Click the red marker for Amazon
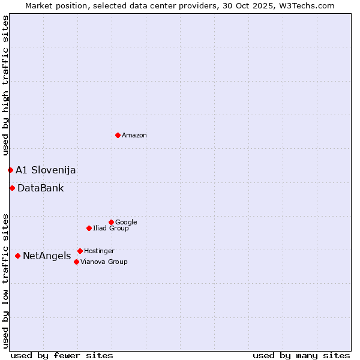[x=118, y=135]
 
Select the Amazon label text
[x=134, y=136]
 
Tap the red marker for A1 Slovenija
[x=10, y=170]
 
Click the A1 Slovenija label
[x=46, y=170]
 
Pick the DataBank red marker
[x=12, y=188]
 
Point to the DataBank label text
[x=40, y=188]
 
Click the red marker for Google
[x=111, y=222]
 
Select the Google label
[x=126, y=223]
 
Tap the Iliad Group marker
[x=89, y=228]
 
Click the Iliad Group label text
[x=111, y=229]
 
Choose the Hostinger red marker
[x=80, y=251]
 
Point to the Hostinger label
[x=99, y=251]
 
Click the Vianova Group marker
[x=76, y=262]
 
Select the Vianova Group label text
[x=104, y=262]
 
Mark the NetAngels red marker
[x=17, y=256]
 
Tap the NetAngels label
[x=47, y=257]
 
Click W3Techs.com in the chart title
[x=310, y=6]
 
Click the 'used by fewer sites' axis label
[x=62, y=355]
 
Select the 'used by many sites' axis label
[x=301, y=355]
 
